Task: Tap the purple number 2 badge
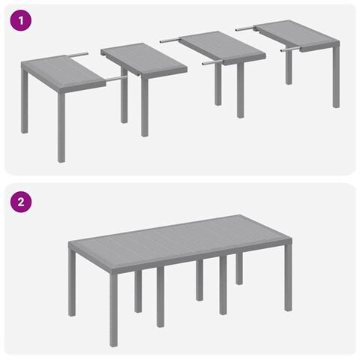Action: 22,202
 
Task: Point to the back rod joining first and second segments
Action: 80,55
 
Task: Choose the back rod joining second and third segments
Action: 169,40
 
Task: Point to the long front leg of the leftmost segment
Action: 59,127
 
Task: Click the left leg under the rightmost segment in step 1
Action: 289,67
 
